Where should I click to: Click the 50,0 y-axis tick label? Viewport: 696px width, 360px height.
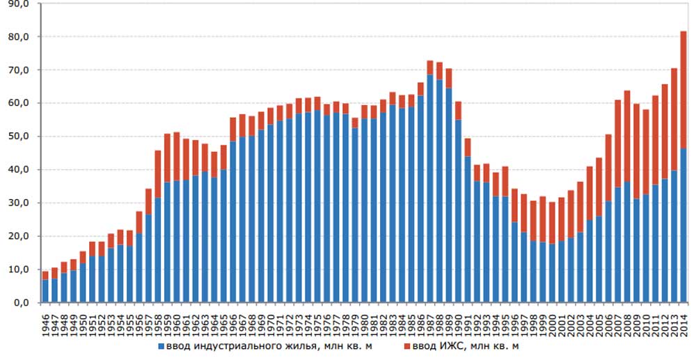[19, 136]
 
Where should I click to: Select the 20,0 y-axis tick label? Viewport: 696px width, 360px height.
[19, 236]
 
